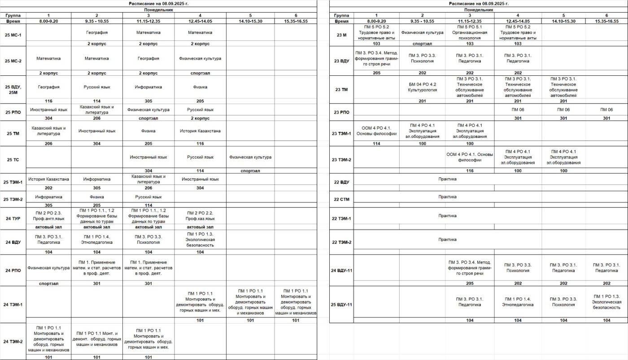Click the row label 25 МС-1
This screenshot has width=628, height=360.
(13, 35)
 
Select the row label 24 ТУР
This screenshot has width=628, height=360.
(13, 219)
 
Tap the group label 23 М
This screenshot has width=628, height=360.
(341, 35)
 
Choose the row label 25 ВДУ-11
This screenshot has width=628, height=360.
(341, 305)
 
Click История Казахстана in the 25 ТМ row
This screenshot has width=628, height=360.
(200, 131)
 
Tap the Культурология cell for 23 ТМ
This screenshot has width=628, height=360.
(422, 87)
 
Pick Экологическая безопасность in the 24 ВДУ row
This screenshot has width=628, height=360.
(200, 240)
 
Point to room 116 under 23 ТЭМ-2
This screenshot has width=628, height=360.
(470, 171)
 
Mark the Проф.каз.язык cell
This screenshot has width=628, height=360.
(200, 219)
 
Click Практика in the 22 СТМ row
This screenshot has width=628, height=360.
(447, 197)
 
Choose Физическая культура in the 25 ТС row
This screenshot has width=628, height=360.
(250, 157)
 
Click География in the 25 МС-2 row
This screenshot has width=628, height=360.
(148, 58)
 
